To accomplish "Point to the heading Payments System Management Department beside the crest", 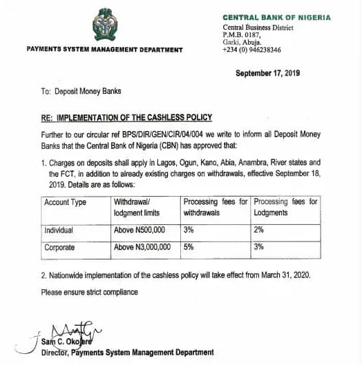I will click(104, 50).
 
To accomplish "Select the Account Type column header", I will click(65, 202).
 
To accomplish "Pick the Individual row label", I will click(59, 230).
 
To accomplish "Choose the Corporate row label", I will click(59, 247).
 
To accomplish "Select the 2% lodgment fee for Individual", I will click(259, 230).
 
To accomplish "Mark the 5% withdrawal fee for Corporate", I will click(188, 247).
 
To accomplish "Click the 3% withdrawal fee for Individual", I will click(188, 230).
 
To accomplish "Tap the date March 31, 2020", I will click(290, 275).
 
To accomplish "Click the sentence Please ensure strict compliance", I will click(89, 292).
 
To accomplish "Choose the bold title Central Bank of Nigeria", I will click(276, 18).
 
